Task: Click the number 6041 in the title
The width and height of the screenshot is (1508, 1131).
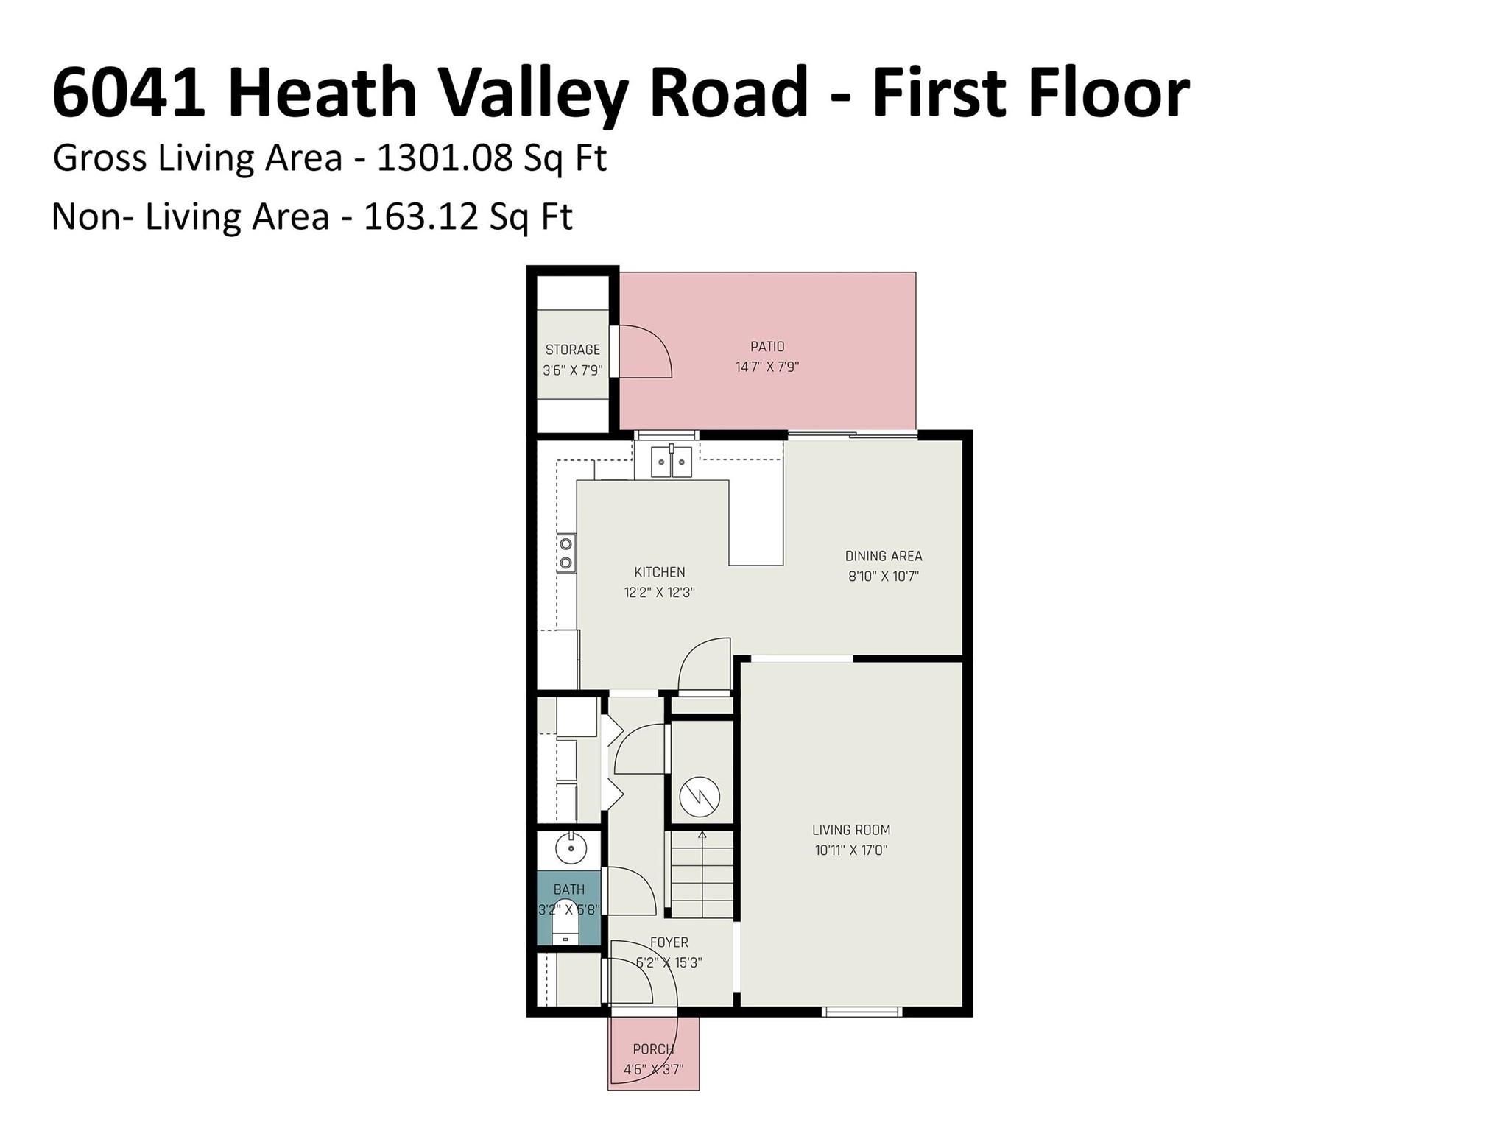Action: [129, 94]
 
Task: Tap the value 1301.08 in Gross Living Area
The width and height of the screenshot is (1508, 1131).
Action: [444, 158]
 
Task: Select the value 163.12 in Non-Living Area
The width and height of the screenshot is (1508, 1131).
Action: [431, 217]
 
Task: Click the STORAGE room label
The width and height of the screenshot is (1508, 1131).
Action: [572, 350]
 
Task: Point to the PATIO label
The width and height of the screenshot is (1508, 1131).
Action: [767, 346]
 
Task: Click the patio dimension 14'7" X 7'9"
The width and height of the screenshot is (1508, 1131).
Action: [767, 367]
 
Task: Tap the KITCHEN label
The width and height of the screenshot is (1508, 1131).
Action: [660, 572]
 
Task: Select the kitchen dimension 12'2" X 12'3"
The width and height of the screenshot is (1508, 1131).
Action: [660, 592]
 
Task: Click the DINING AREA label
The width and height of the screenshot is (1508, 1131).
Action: [884, 556]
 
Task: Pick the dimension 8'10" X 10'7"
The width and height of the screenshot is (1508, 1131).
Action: [884, 576]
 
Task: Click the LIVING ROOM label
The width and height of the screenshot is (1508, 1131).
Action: [851, 830]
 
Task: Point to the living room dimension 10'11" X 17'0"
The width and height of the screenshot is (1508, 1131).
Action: [851, 850]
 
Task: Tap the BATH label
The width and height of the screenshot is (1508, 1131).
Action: [569, 889]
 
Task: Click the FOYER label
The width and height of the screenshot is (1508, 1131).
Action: [669, 942]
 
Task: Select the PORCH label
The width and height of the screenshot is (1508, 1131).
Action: [653, 1049]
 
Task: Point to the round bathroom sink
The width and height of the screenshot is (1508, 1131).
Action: [570, 848]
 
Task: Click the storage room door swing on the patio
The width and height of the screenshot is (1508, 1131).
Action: [644, 352]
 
